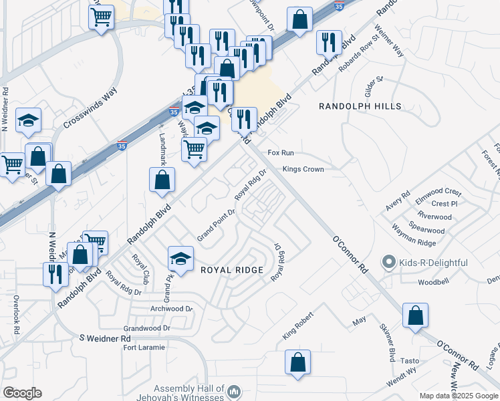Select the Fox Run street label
pyautogui.click(x=281, y=153)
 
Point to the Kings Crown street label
pyautogui.click(x=303, y=170)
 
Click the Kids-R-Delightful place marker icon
pyautogui.click(x=388, y=263)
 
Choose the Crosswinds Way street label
pyautogui.click(x=90, y=108)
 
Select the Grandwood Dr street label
pyautogui.click(x=147, y=329)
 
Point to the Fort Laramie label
pyautogui.click(x=144, y=347)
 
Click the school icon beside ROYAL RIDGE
pyautogui.click(x=180, y=257)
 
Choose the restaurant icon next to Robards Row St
pyautogui.click(x=329, y=41)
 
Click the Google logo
pyautogui.click(x=22, y=393)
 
